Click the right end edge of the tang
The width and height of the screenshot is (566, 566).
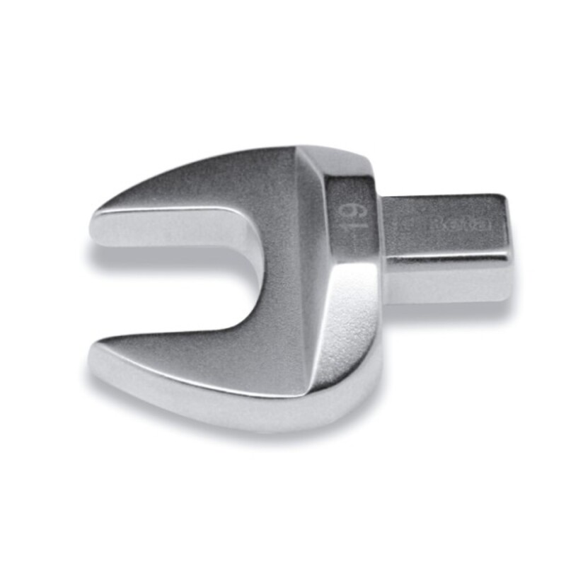coord(507,237)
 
